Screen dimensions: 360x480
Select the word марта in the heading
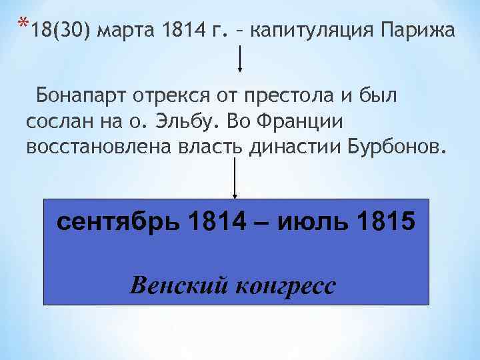click(x=129, y=32)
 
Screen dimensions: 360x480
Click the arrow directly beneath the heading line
click(x=241, y=59)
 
